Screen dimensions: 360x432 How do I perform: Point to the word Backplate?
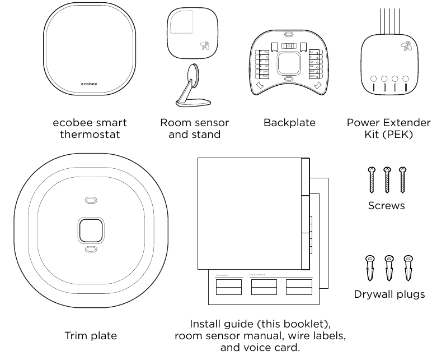(289, 122)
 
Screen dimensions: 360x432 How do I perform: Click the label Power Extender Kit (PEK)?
(388, 128)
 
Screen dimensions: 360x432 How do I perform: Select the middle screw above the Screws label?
(386, 180)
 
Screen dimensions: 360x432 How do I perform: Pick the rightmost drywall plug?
(408, 268)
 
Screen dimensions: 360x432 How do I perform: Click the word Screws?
(386, 206)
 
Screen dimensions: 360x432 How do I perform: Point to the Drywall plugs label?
(389, 294)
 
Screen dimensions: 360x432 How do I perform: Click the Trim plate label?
(91, 336)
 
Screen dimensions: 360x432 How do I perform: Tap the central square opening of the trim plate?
(90, 229)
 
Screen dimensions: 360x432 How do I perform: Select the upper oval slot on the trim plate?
(90, 200)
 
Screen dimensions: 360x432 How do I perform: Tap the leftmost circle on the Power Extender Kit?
(372, 79)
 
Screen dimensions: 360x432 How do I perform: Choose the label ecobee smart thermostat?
(90, 128)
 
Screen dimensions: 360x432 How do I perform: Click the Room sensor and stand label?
(194, 128)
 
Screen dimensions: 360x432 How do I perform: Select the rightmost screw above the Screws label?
(402, 180)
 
